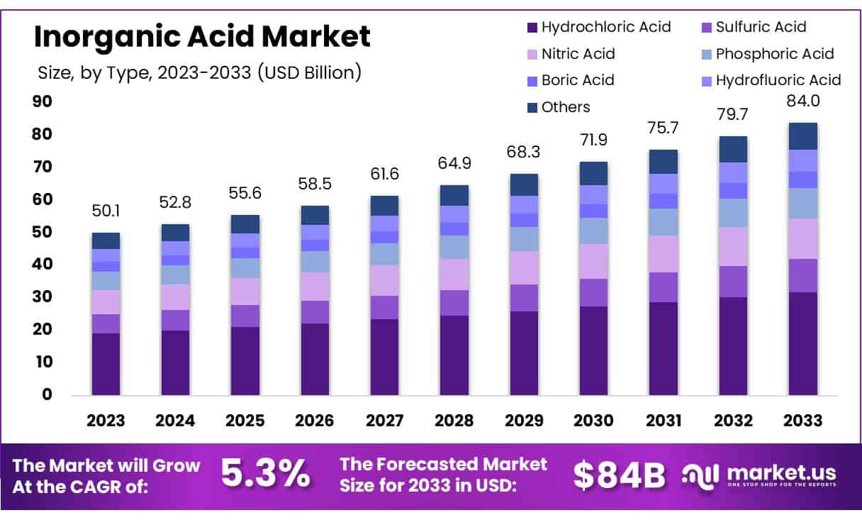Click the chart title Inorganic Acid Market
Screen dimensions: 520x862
tap(202, 37)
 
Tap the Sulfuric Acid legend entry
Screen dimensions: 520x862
tap(753, 28)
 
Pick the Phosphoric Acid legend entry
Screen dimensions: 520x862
tap(766, 54)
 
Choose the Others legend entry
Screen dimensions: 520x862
tap(558, 107)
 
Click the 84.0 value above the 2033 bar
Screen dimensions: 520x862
tap(802, 101)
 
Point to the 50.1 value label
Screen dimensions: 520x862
tap(106, 211)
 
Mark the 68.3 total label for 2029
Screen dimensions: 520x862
tap(523, 153)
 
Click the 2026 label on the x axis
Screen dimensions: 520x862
tap(314, 421)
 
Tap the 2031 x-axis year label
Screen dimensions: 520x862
tap(663, 421)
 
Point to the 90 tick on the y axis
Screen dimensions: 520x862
tap(43, 101)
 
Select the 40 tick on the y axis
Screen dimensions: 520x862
tap(43, 264)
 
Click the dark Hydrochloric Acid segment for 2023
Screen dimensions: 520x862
tap(106, 364)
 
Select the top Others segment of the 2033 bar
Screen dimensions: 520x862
tap(802, 136)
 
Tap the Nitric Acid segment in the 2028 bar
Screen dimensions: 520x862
tap(454, 275)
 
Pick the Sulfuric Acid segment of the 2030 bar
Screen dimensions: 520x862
tap(593, 292)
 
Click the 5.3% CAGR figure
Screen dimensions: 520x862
tap(265, 475)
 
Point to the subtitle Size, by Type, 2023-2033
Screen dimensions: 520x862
tap(199, 72)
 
